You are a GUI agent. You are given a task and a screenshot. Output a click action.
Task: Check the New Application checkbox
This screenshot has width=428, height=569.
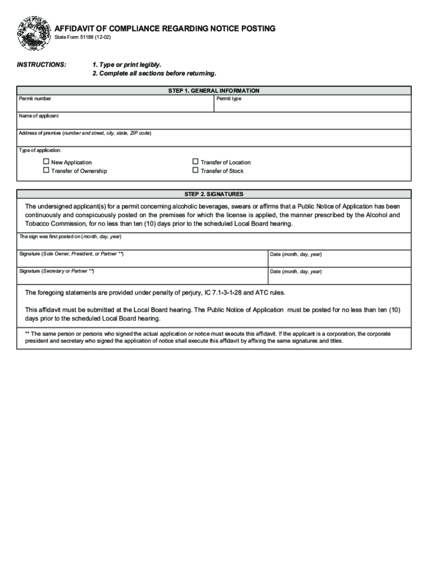pos(46,162)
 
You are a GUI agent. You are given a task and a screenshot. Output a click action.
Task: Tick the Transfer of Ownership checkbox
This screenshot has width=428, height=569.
pos(46,171)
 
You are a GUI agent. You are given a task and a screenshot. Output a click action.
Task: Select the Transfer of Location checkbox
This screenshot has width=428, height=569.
pos(195,162)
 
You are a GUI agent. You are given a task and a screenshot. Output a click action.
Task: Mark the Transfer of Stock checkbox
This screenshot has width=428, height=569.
pos(195,171)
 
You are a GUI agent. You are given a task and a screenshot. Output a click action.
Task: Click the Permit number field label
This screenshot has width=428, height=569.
pos(35,99)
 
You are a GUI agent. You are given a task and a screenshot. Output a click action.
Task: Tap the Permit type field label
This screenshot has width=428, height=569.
pos(229,99)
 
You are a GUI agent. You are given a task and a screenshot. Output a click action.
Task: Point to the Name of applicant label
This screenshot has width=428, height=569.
pos(38,116)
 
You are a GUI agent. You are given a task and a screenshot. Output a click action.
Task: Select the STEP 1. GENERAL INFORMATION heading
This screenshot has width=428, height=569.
pos(214,91)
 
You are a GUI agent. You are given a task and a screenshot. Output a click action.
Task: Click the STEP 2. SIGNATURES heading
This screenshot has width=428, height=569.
pos(214,194)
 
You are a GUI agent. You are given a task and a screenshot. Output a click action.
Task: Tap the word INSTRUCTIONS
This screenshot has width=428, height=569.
pos(42,65)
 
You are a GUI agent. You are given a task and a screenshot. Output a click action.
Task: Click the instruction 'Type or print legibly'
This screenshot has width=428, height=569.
pos(127,65)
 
